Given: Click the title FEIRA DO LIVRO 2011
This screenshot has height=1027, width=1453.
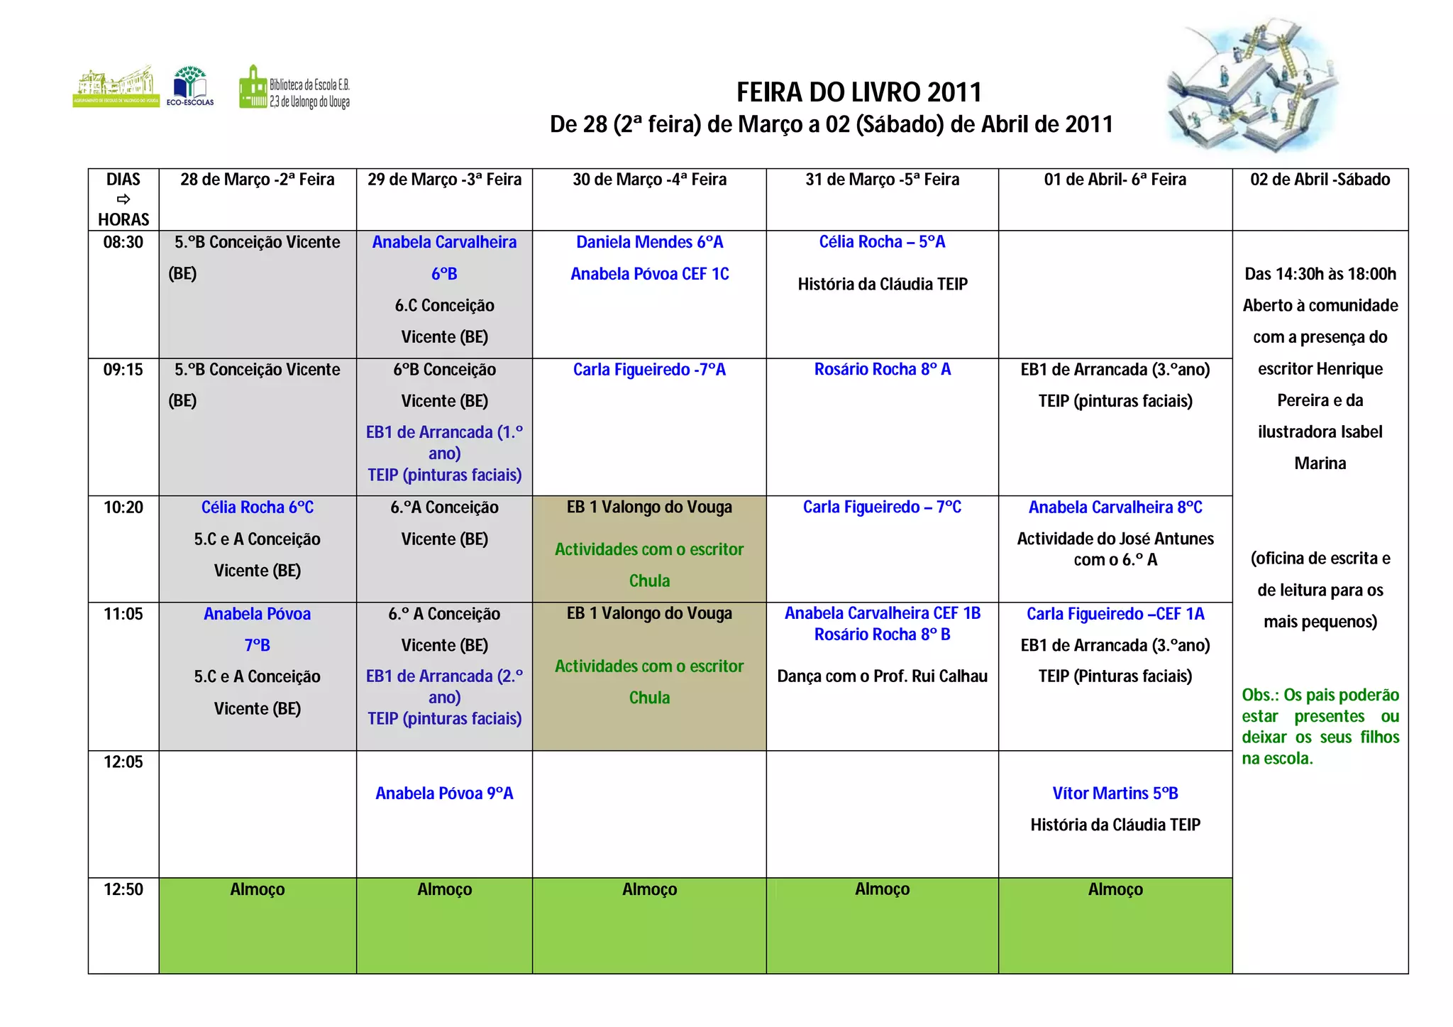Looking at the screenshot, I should (858, 92).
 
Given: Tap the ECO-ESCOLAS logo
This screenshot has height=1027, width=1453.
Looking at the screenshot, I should (190, 86).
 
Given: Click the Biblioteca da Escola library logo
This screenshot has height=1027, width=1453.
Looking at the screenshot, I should (294, 88).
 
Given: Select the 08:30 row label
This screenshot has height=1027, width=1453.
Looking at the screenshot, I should (123, 243).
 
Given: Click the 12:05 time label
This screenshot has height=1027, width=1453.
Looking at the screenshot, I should (123, 762).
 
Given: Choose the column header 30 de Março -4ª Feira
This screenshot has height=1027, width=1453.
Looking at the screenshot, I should (649, 180).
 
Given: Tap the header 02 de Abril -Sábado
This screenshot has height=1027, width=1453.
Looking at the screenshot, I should (1320, 180).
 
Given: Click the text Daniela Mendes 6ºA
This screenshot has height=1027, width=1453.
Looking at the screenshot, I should (649, 243).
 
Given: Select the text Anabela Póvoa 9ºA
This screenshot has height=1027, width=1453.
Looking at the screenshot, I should (444, 793).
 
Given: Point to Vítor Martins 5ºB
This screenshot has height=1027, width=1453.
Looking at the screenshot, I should (1115, 793).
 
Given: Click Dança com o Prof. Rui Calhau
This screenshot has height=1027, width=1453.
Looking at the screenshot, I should (882, 676).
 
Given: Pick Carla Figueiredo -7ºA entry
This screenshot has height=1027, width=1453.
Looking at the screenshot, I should (649, 370).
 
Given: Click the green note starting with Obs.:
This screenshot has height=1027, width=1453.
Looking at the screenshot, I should (1320, 726).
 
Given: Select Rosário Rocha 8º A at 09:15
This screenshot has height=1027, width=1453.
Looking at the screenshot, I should (882, 370).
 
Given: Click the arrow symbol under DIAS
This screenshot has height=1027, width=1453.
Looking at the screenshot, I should (123, 199).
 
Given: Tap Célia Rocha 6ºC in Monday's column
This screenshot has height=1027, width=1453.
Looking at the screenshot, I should (257, 507).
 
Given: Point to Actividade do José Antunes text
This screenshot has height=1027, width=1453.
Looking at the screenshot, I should (1115, 549).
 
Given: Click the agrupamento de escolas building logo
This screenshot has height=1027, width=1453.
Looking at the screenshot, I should (116, 87).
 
